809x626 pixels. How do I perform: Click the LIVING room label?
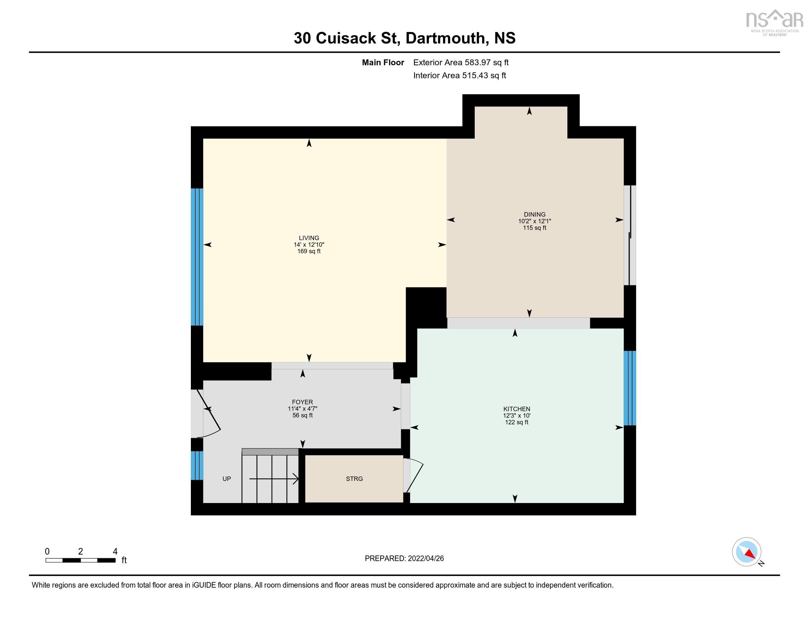click(309, 238)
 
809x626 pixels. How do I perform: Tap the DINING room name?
click(534, 214)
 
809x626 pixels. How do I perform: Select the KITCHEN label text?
click(516, 409)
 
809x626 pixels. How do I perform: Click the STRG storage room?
click(354, 479)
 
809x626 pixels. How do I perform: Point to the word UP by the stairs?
click(226, 479)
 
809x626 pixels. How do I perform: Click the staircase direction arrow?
click(274, 479)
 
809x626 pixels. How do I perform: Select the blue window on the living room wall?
click(197, 257)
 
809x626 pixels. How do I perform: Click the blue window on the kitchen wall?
click(629, 388)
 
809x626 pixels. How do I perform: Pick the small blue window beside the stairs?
click(197, 465)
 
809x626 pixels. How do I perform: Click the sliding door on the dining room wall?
click(629, 235)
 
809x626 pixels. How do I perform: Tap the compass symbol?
click(746, 552)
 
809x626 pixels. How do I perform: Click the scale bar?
click(81, 560)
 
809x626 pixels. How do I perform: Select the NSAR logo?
click(774, 22)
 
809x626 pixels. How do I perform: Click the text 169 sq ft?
click(309, 252)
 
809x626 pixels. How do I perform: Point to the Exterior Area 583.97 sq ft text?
click(460, 63)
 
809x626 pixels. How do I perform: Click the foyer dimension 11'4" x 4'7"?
click(302, 409)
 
